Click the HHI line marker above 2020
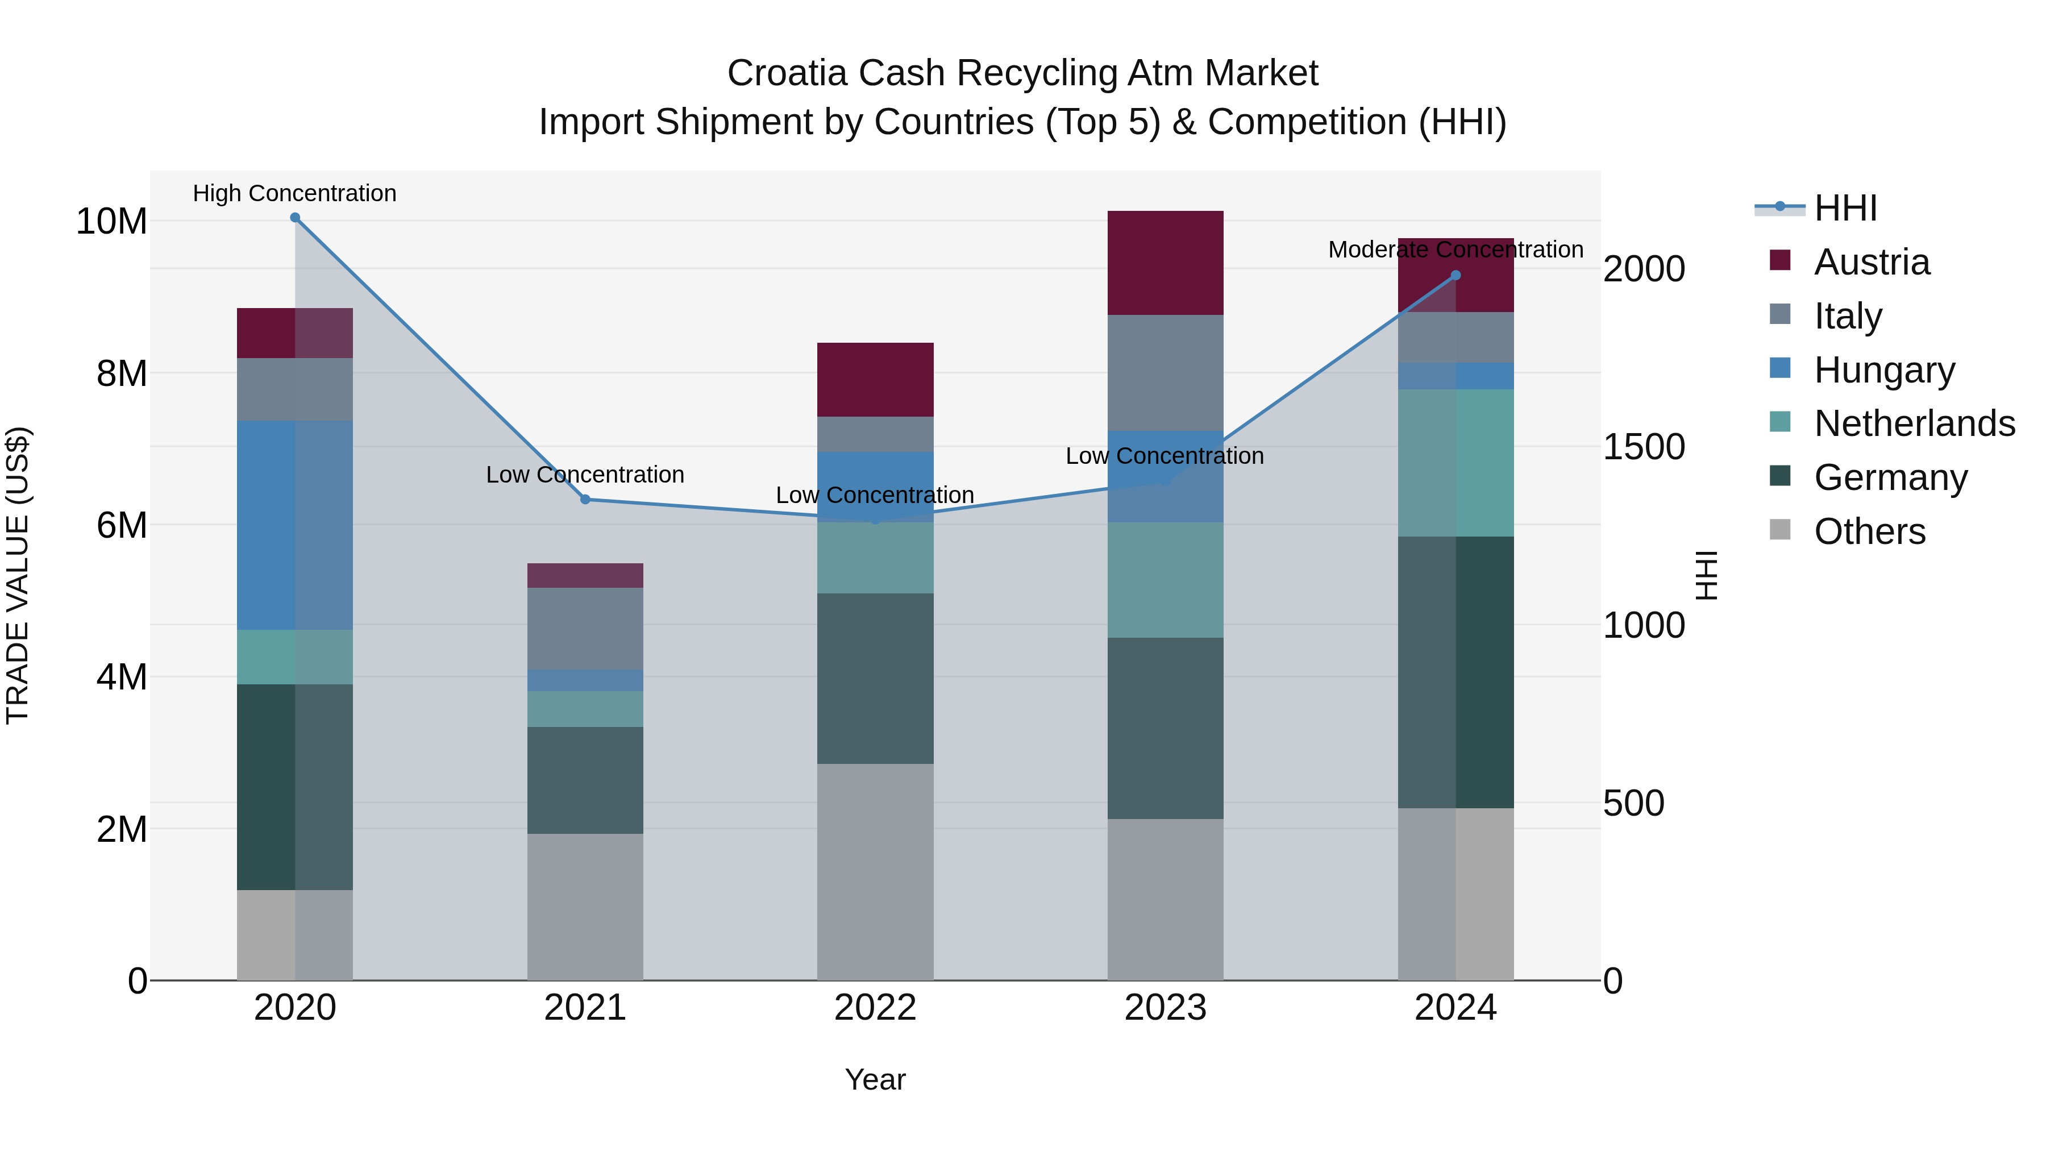point(294,218)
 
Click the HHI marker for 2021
point(585,500)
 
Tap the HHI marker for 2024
point(1456,276)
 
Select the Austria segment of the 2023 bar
point(1165,263)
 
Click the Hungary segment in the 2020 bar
point(294,525)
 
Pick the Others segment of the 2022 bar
point(875,871)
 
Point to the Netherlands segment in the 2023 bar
point(1165,580)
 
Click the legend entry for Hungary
point(1884,370)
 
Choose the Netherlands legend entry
point(1914,423)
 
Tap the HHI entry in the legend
point(1845,208)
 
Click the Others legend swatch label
point(1870,531)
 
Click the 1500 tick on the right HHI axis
point(1643,447)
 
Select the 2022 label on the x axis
point(875,1008)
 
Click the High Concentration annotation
point(294,193)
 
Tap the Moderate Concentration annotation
point(1456,250)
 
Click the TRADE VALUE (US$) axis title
point(18,575)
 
